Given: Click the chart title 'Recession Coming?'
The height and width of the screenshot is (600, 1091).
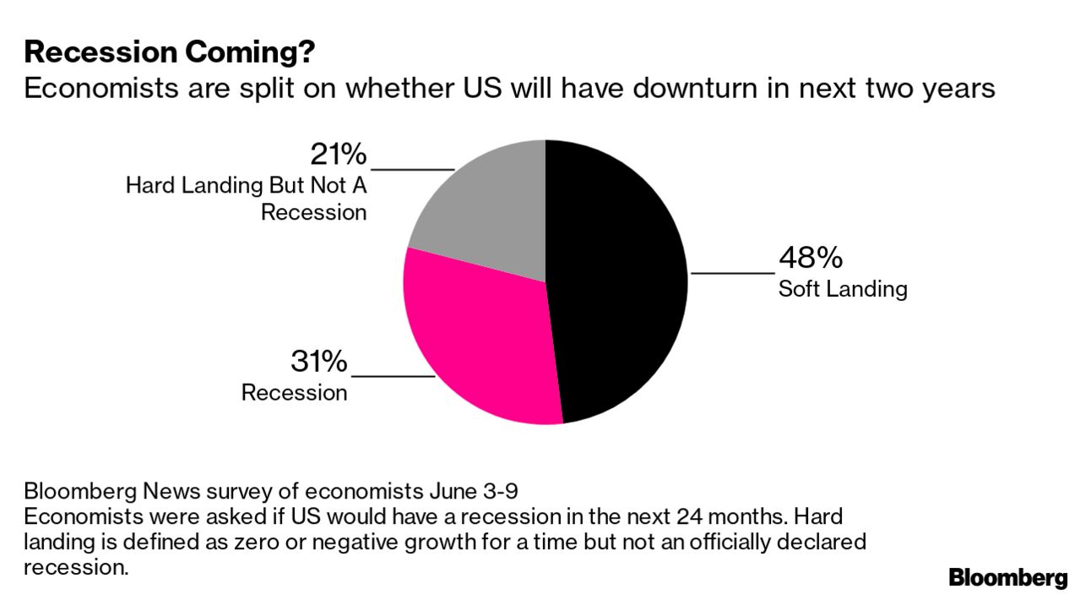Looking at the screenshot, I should tap(170, 52).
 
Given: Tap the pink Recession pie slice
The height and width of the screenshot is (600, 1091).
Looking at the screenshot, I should tap(481, 338).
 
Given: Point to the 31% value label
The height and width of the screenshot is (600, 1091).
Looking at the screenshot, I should tap(318, 362).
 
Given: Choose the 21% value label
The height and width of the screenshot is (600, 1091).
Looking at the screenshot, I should tap(338, 155).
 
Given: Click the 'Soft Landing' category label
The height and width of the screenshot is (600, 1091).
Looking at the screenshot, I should tap(843, 289).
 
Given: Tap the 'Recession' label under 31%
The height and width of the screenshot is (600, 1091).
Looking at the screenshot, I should tap(294, 393).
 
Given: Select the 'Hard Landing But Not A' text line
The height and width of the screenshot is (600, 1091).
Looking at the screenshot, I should tap(246, 185).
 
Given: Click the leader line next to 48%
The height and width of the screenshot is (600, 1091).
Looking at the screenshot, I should tap(732, 273).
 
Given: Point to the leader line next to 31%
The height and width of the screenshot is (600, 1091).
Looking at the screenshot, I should tap(392, 376).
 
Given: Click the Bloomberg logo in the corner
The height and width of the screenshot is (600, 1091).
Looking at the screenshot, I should tap(1008, 578).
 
